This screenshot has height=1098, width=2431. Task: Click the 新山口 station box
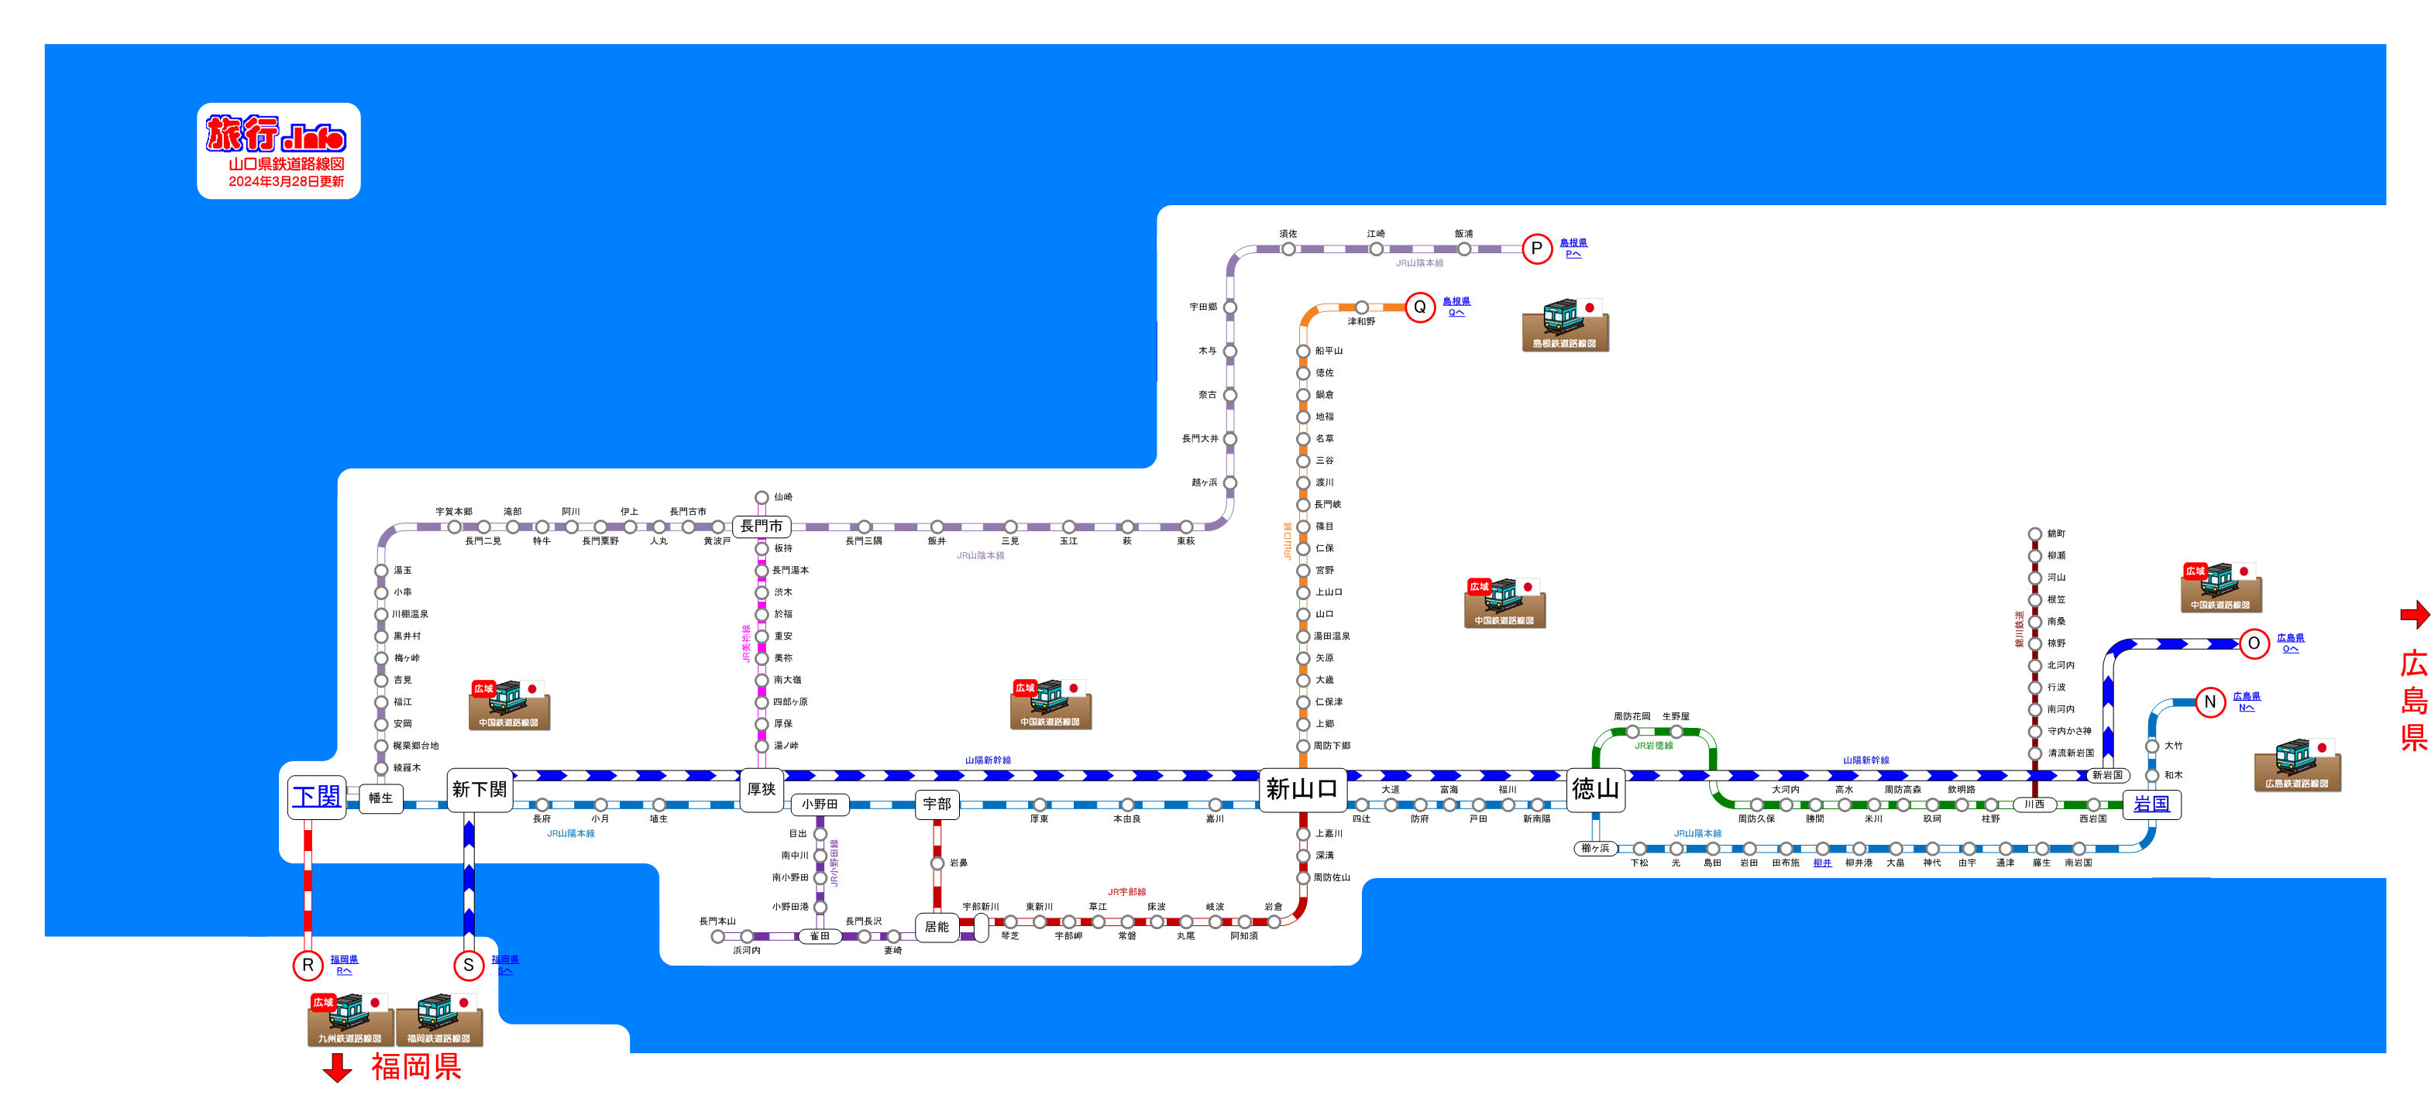tap(1302, 788)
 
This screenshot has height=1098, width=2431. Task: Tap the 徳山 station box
tap(1595, 788)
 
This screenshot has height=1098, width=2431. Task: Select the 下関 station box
tap(316, 796)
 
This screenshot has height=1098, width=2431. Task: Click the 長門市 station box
tap(762, 527)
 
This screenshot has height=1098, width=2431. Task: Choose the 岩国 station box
tap(2151, 805)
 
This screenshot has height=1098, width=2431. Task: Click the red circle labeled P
tap(1536, 249)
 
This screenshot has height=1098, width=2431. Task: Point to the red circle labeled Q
tap(1419, 307)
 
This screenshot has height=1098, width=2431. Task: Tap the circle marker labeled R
tap(308, 965)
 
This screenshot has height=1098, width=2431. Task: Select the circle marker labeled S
tap(468, 965)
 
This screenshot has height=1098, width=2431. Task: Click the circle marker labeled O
tap(2254, 643)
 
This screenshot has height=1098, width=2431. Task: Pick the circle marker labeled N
tap(2210, 702)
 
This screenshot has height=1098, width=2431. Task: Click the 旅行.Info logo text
tap(277, 134)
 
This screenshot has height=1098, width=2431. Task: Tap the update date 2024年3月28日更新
tap(286, 181)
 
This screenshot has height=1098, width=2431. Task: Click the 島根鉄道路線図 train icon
tap(1565, 325)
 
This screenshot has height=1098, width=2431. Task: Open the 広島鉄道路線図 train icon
tap(2298, 765)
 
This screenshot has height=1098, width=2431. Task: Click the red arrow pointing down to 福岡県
tap(337, 1068)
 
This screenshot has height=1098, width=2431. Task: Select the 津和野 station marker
tap(1361, 307)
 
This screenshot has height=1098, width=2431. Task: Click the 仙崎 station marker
tap(762, 498)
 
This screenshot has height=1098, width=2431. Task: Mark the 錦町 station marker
tap(2036, 535)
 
